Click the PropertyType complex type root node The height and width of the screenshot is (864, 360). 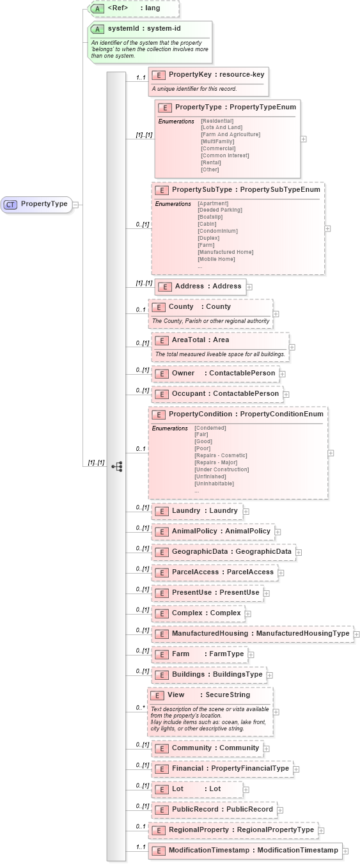coord(37,204)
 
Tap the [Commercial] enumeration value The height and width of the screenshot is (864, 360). coord(218,148)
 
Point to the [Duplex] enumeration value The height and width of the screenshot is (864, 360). coord(208,238)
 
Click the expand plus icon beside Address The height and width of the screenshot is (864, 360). coord(249,287)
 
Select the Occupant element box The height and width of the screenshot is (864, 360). coord(217,394)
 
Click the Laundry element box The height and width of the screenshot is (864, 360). coord(196,511)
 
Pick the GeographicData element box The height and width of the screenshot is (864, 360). coord(223,551)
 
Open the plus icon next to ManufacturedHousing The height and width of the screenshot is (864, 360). coord(357,634)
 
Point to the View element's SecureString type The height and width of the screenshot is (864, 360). coord(228,695)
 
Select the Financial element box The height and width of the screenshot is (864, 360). coord(222,769)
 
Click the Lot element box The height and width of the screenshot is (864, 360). coord(196,789)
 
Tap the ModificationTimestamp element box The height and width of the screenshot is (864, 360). coord(245,851)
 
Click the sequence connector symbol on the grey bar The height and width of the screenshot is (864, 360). coord(116,467)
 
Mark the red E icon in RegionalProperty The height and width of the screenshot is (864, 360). coord(159,830)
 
